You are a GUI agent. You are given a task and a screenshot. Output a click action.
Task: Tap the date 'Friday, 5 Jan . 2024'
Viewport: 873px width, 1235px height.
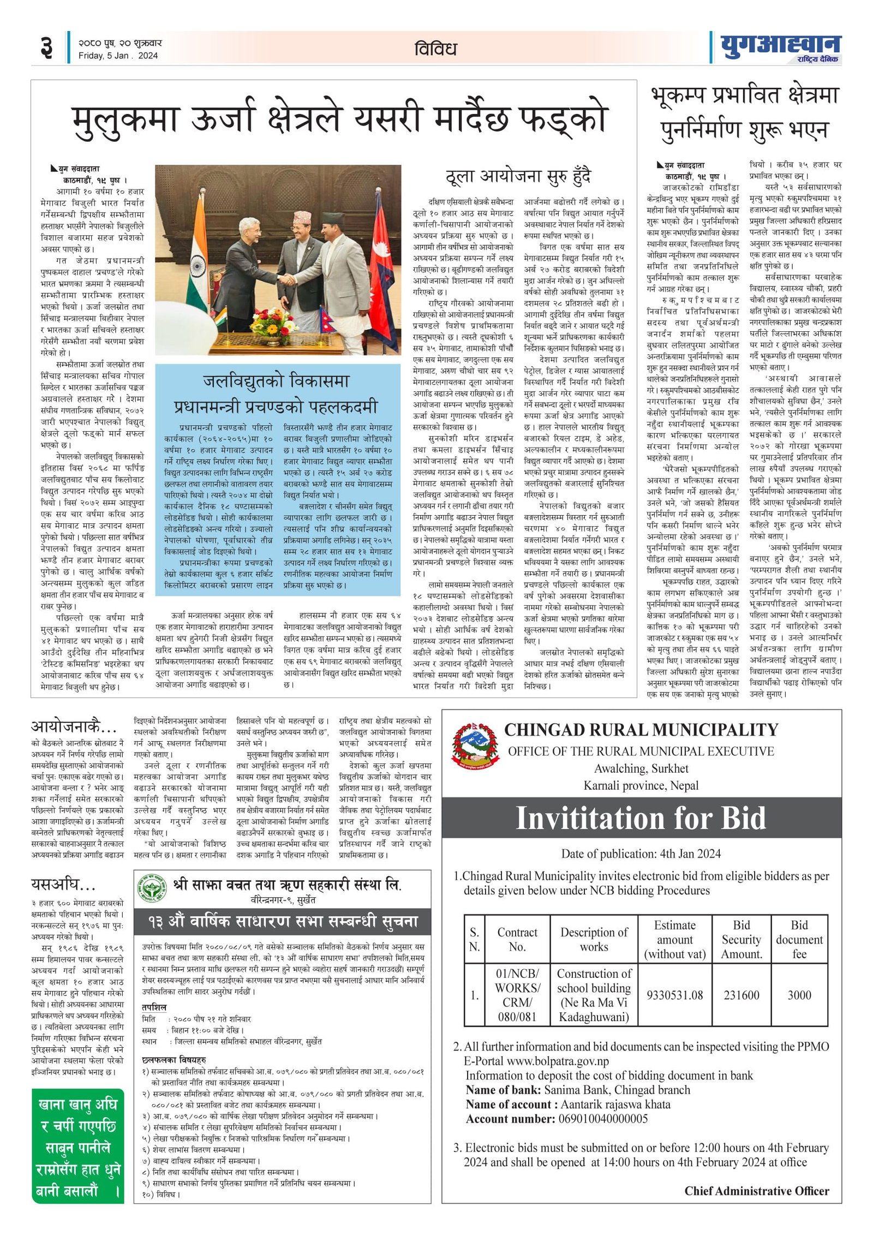(118, 56)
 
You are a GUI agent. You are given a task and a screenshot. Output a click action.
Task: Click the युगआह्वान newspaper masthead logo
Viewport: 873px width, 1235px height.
(780, 47)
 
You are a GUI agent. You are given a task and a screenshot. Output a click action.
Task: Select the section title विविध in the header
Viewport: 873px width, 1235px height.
(435, 49)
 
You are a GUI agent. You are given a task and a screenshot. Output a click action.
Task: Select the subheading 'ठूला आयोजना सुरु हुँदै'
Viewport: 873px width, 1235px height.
(518, 177)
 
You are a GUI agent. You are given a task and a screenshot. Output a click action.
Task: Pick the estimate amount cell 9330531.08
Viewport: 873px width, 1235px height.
(674, 995)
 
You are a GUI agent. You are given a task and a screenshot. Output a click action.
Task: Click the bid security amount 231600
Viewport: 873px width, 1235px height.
(741, 995)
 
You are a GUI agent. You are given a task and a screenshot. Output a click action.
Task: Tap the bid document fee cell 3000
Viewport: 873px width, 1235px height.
(799, 995)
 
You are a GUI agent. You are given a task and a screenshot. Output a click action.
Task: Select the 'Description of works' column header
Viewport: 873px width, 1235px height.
(594, 939)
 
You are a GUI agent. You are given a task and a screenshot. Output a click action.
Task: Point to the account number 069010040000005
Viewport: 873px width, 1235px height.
(603, 1119)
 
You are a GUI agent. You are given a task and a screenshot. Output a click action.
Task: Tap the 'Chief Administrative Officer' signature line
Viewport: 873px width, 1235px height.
(756, 1191)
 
